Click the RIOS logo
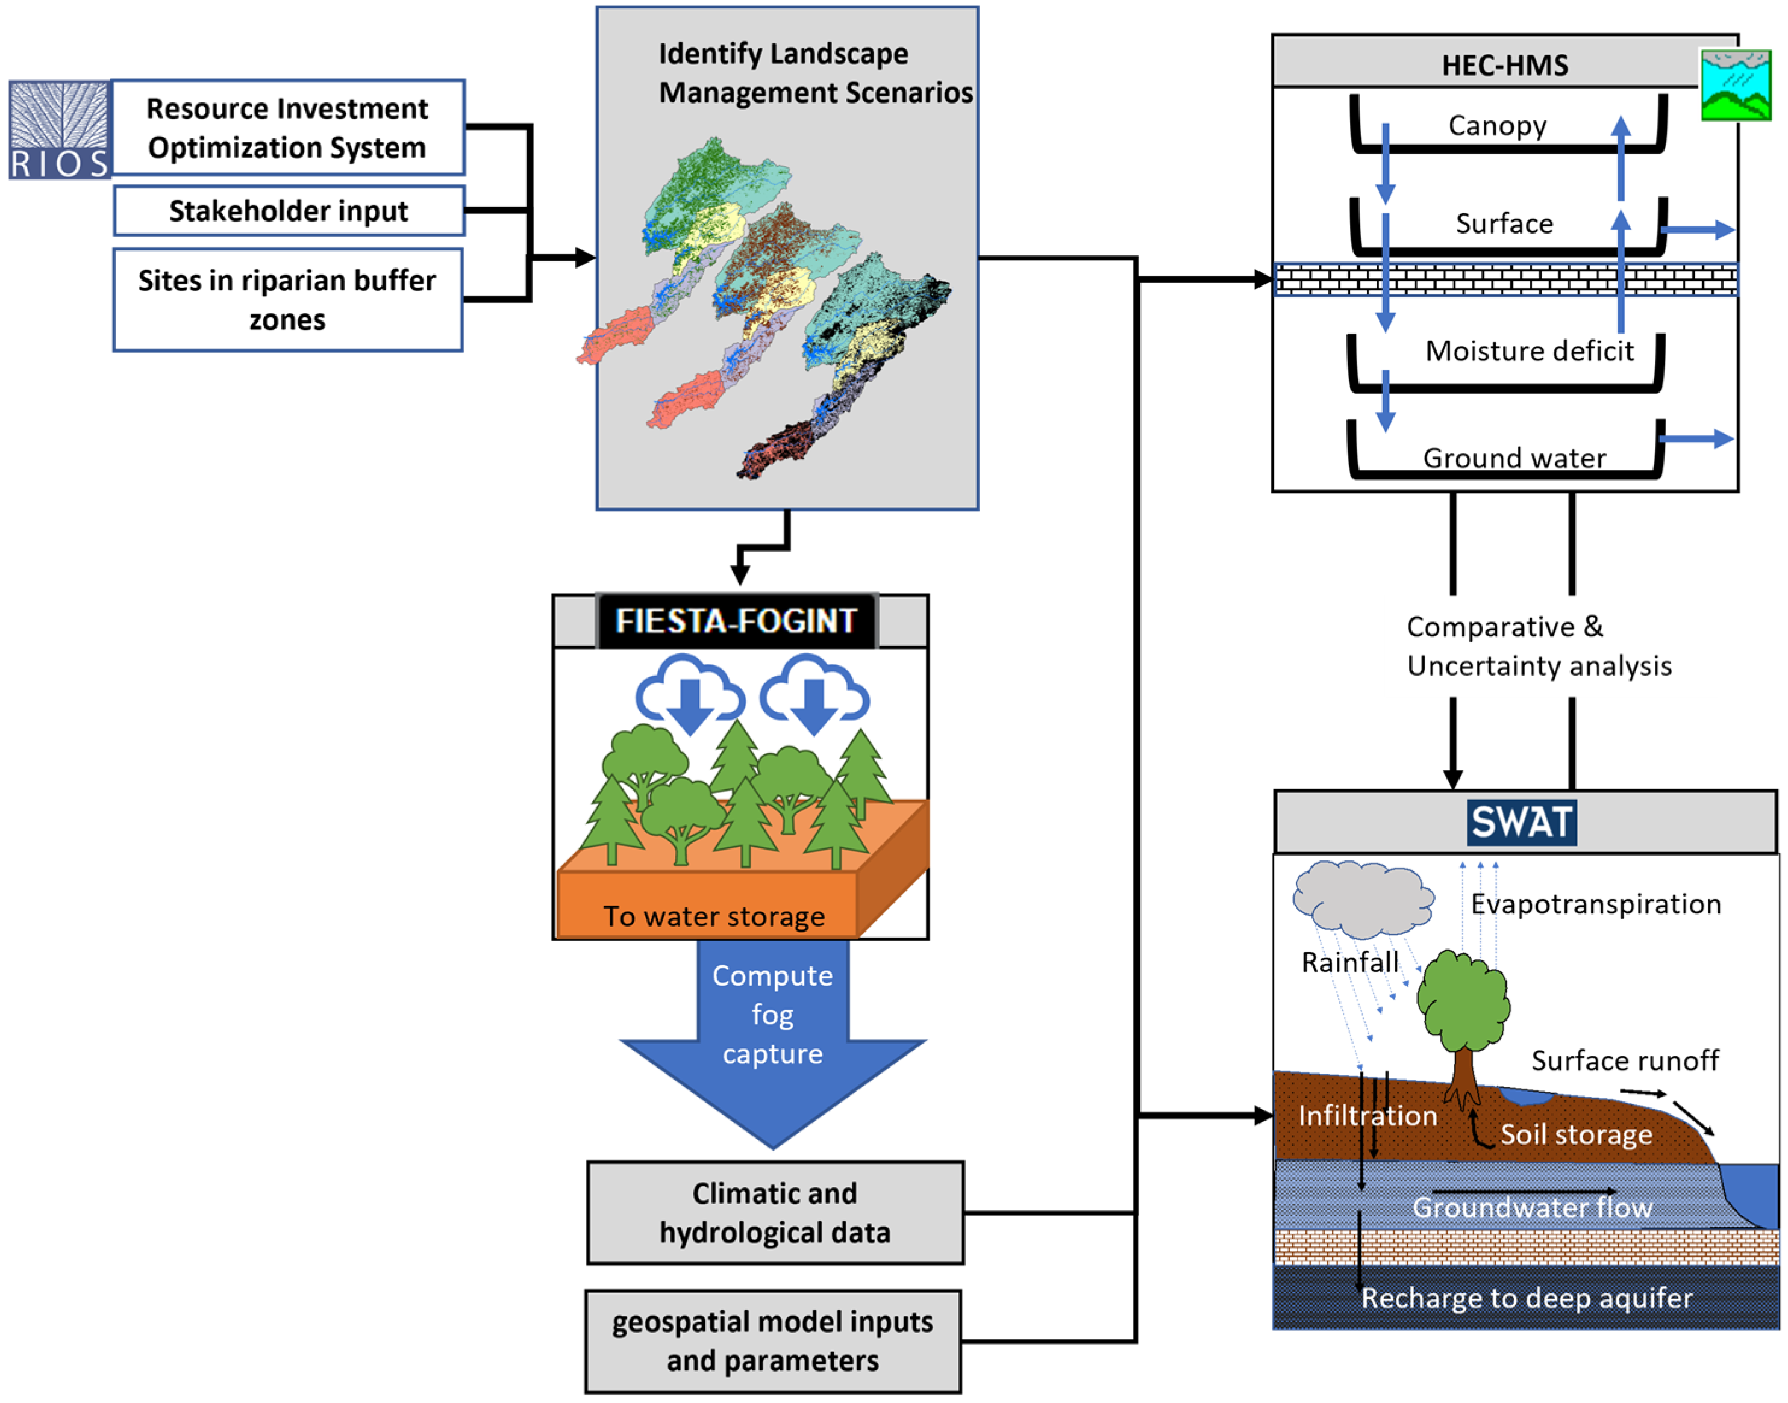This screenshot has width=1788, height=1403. click(x=59, y=130)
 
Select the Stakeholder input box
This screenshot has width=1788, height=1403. click(x=289, y=211)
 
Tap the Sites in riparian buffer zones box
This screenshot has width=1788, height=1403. click(x=287, y=300)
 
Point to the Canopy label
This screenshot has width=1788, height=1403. click(x=1496, y=126)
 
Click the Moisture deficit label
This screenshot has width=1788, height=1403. click(x=1528, y=350)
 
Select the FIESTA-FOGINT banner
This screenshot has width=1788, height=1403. click(x=736, y=621)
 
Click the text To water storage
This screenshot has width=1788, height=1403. click(x=713, y=916)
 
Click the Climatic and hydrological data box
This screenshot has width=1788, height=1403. click(x=774, y=1213)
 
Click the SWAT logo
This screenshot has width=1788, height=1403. click(x=1521, y=823)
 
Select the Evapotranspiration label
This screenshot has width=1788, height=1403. click(x=1595, y=904)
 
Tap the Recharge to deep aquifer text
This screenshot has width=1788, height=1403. click(x=1526, y=1298)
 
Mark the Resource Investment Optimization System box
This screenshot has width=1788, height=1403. click(x=287, y=128)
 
